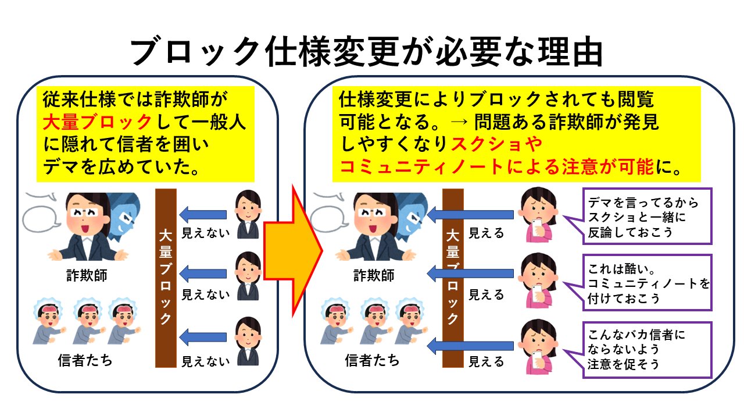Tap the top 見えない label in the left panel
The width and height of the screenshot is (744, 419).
(x=206, y=233)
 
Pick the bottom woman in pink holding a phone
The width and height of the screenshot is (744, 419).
(x=538, y=347)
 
